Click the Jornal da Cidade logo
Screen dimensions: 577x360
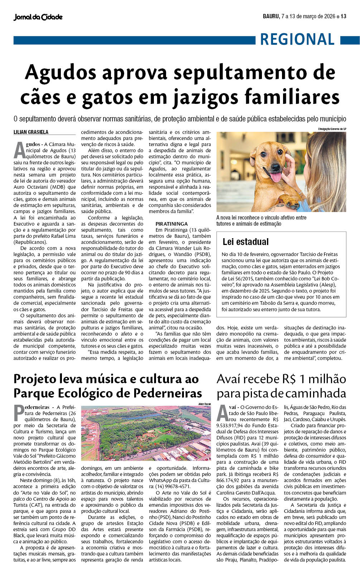pos(38,17)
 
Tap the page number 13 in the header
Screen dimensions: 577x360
pos(344,16)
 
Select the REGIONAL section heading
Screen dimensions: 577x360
pos(297,39)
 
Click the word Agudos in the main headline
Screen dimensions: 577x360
pos(61,72)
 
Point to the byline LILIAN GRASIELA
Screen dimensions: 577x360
pos(31,132)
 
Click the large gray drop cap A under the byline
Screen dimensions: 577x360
pos(19,150)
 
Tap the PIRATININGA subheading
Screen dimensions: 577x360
pos(171,224)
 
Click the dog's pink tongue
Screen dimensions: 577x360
pos(276,177)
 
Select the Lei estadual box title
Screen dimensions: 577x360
pos(245,242)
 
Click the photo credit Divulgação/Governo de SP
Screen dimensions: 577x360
pos(332,129)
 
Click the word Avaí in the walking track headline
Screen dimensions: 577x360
pos(231,379)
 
